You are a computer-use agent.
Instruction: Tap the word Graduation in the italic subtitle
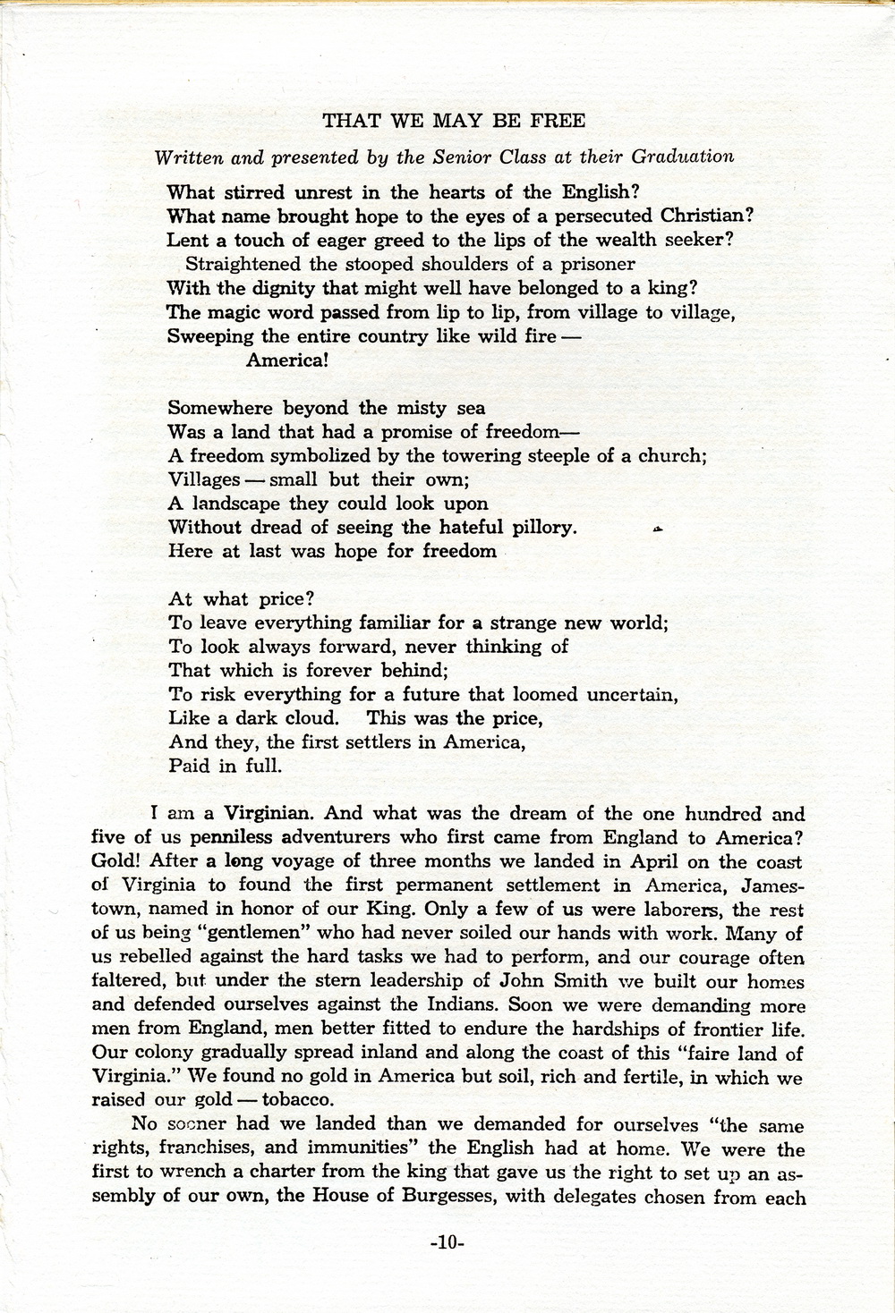coord(683,157)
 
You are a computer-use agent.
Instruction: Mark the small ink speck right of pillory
coord(658,530)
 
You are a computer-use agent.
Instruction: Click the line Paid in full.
coord(225,766)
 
